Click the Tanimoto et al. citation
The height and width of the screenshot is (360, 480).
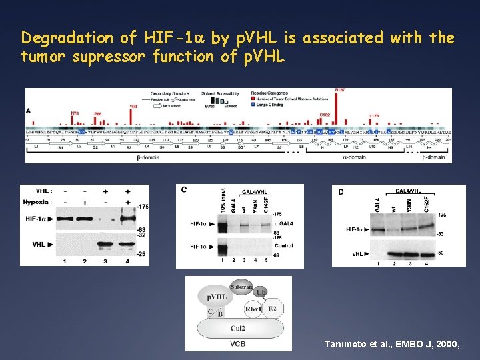click(x=391, y=344)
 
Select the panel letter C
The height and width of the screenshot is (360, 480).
click(x=184, y=189)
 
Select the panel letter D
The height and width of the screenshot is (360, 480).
click(x=340, y=192)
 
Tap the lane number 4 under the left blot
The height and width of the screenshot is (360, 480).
click(x=126, y=261)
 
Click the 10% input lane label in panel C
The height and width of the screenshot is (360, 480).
click(x=223, y=200)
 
